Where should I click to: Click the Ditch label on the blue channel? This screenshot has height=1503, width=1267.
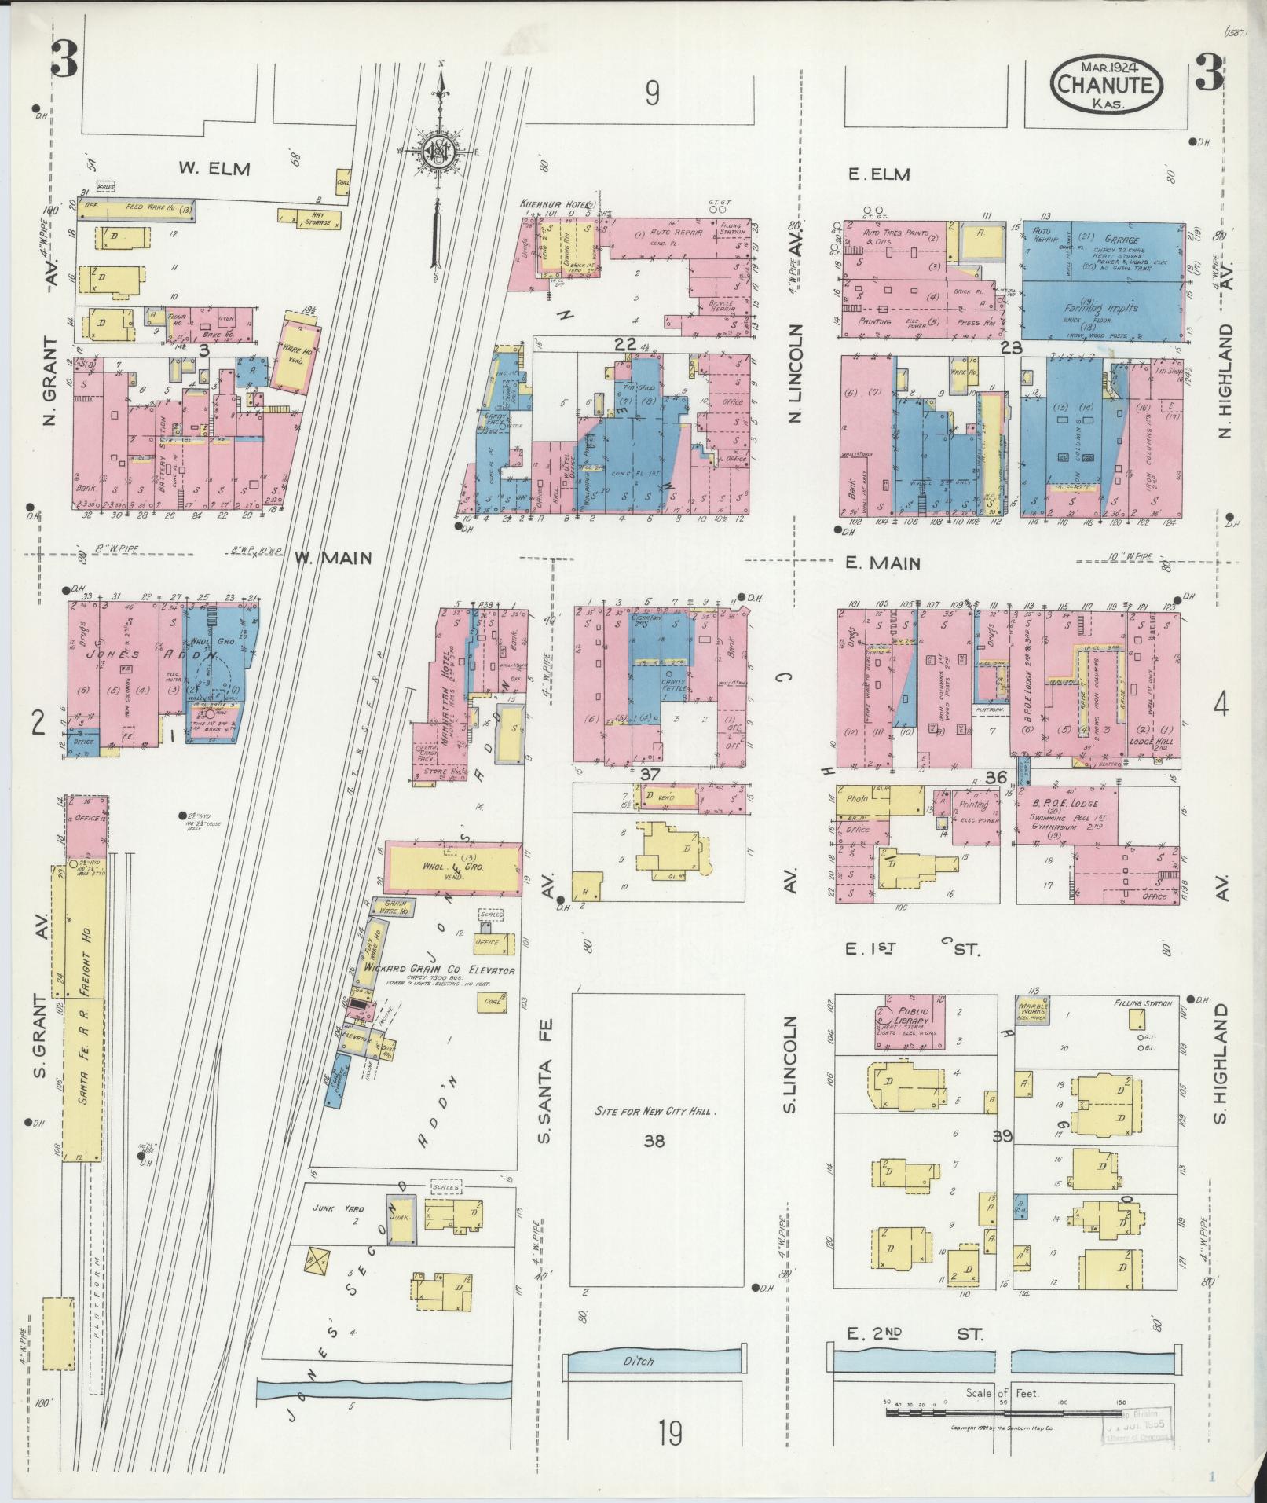coord(638,1361)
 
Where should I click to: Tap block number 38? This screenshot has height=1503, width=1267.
coord(654,1140)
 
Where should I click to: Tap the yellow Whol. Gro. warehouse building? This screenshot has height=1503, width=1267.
coord(452,868)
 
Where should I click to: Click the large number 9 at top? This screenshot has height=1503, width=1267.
coord(652,94)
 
